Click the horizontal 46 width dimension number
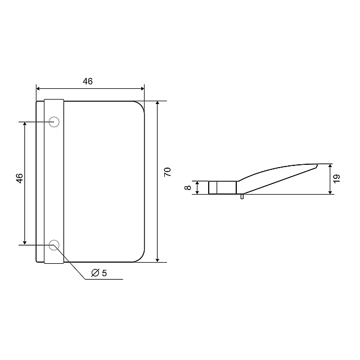tap(88, 81)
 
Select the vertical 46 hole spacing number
tap(20, 178)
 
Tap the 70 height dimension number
tap(168, 172)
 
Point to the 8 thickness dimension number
tap(187, 187)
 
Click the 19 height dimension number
tap(336, 179)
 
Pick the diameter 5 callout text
tap(99, 273)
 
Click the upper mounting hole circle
tap(54, 121)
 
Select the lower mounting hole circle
tap(54, 245)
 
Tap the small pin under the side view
tap(242, 196)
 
